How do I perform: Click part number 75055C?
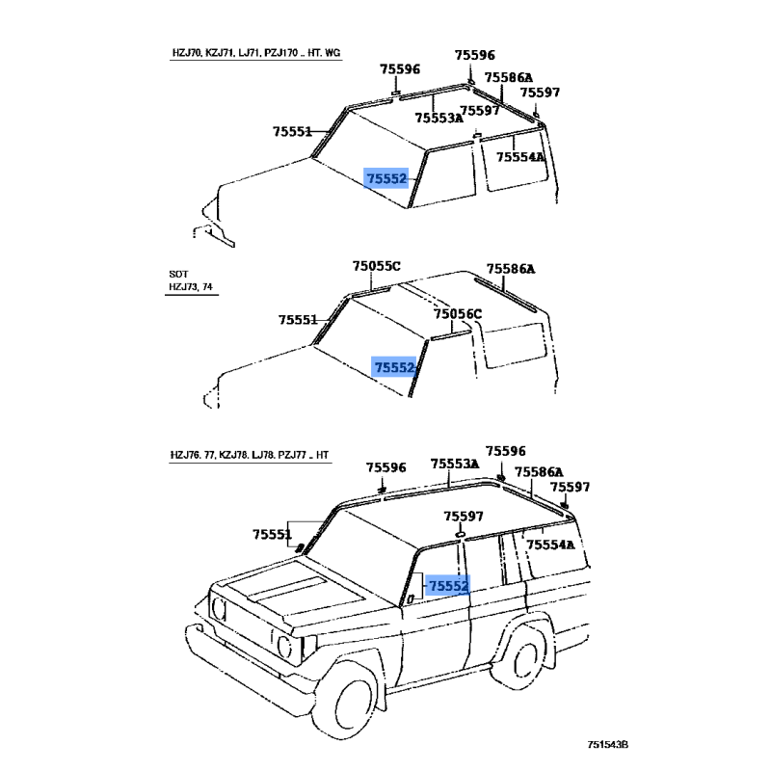tap(376, 266)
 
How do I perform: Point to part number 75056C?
tap(457, 314)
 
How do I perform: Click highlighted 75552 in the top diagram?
tap(386, 178)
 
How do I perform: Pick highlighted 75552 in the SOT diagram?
tap(394, 367)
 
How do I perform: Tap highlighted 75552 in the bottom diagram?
tap(448, 585)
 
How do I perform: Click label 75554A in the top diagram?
tap(520, 156)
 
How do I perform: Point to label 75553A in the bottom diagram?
tap(455, 464)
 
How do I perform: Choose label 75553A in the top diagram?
tap(439, 118)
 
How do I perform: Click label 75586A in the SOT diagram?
tap(511, 270)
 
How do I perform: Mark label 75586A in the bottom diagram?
tap(539, 472)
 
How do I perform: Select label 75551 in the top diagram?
tap(292, 131)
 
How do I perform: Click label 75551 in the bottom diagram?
tap(273, 534)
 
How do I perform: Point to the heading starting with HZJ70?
tap(250, 53)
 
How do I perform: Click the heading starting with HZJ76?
tap(250, 454)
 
